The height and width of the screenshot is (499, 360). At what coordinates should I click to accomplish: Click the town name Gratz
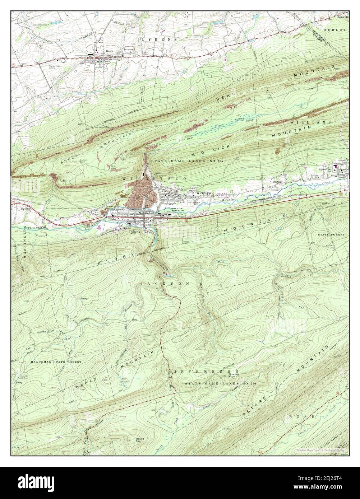[x=110, y=51]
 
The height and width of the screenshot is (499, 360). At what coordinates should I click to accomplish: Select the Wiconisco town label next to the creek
[x=203, y=193]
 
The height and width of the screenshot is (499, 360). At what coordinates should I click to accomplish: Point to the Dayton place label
[x=276, y=182]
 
